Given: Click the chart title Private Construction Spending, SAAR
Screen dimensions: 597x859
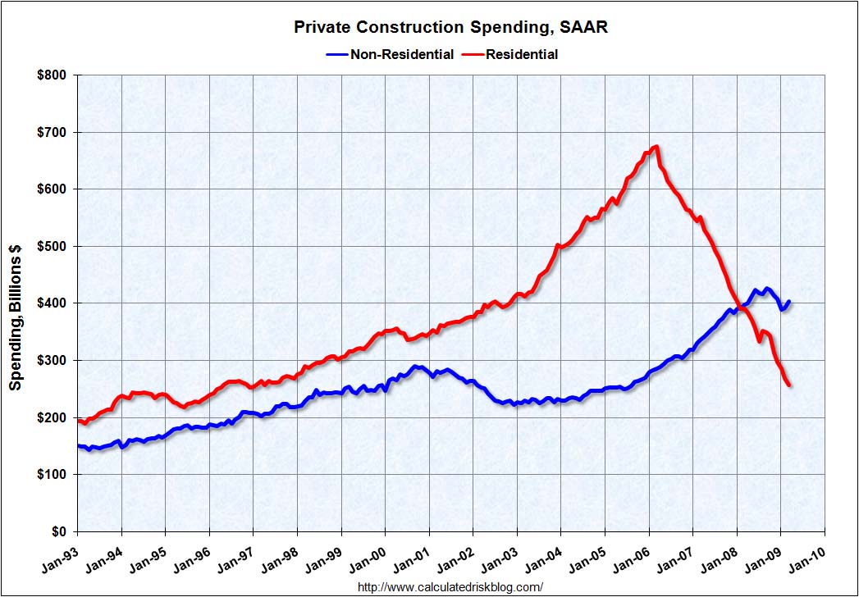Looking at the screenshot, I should (x=450, y=28).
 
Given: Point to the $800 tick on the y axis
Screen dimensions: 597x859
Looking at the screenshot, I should (x=54, y=75).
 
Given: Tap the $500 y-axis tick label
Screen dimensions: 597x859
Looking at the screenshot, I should (x=54, y=246).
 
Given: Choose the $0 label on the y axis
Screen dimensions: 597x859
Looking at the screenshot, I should (x=61, y=531).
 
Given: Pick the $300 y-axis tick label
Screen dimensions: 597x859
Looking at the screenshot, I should (x=54, y=361).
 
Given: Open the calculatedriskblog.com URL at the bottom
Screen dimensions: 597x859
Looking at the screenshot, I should (x=450, y=587).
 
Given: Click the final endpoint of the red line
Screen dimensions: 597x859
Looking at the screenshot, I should (x=789, y=385).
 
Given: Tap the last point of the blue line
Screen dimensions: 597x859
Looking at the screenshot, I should (x=789, y=301).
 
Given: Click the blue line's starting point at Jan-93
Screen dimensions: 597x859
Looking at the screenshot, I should (x=78, y=445).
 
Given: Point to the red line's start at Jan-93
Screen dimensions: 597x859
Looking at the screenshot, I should (x=78, y=421).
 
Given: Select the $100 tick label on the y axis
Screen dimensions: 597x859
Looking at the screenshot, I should (x=54, y=475).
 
